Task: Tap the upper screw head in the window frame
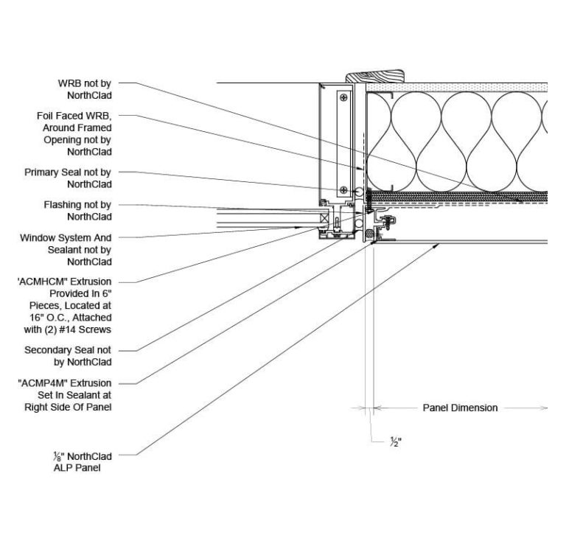(343, 97)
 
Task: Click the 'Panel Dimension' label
(460, 408)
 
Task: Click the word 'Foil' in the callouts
(47, 116)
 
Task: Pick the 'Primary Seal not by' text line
(68, 172)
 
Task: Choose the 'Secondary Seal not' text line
(68, 350)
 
